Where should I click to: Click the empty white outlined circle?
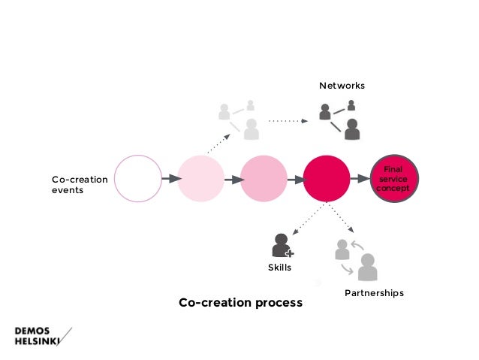pos(138,179)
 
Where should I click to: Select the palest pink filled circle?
pos(200,179)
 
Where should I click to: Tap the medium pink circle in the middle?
pos(264,179)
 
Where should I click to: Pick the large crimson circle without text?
pos(327,179)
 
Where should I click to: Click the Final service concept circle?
pos(394,179)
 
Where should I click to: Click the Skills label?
pos(279,267)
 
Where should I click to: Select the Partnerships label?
pos(374,292)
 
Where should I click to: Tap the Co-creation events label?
pos(79,185)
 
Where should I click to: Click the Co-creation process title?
pos(240,303)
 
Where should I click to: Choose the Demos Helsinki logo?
pos(44,335)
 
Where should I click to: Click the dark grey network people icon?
pos(339,119)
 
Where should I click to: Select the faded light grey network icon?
pos(239,119)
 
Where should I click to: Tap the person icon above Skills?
pos(282,246)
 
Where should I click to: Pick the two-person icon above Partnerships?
pos(356,259)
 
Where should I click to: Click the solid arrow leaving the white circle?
pos(170,179)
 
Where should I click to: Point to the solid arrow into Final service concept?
pos(362,179)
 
